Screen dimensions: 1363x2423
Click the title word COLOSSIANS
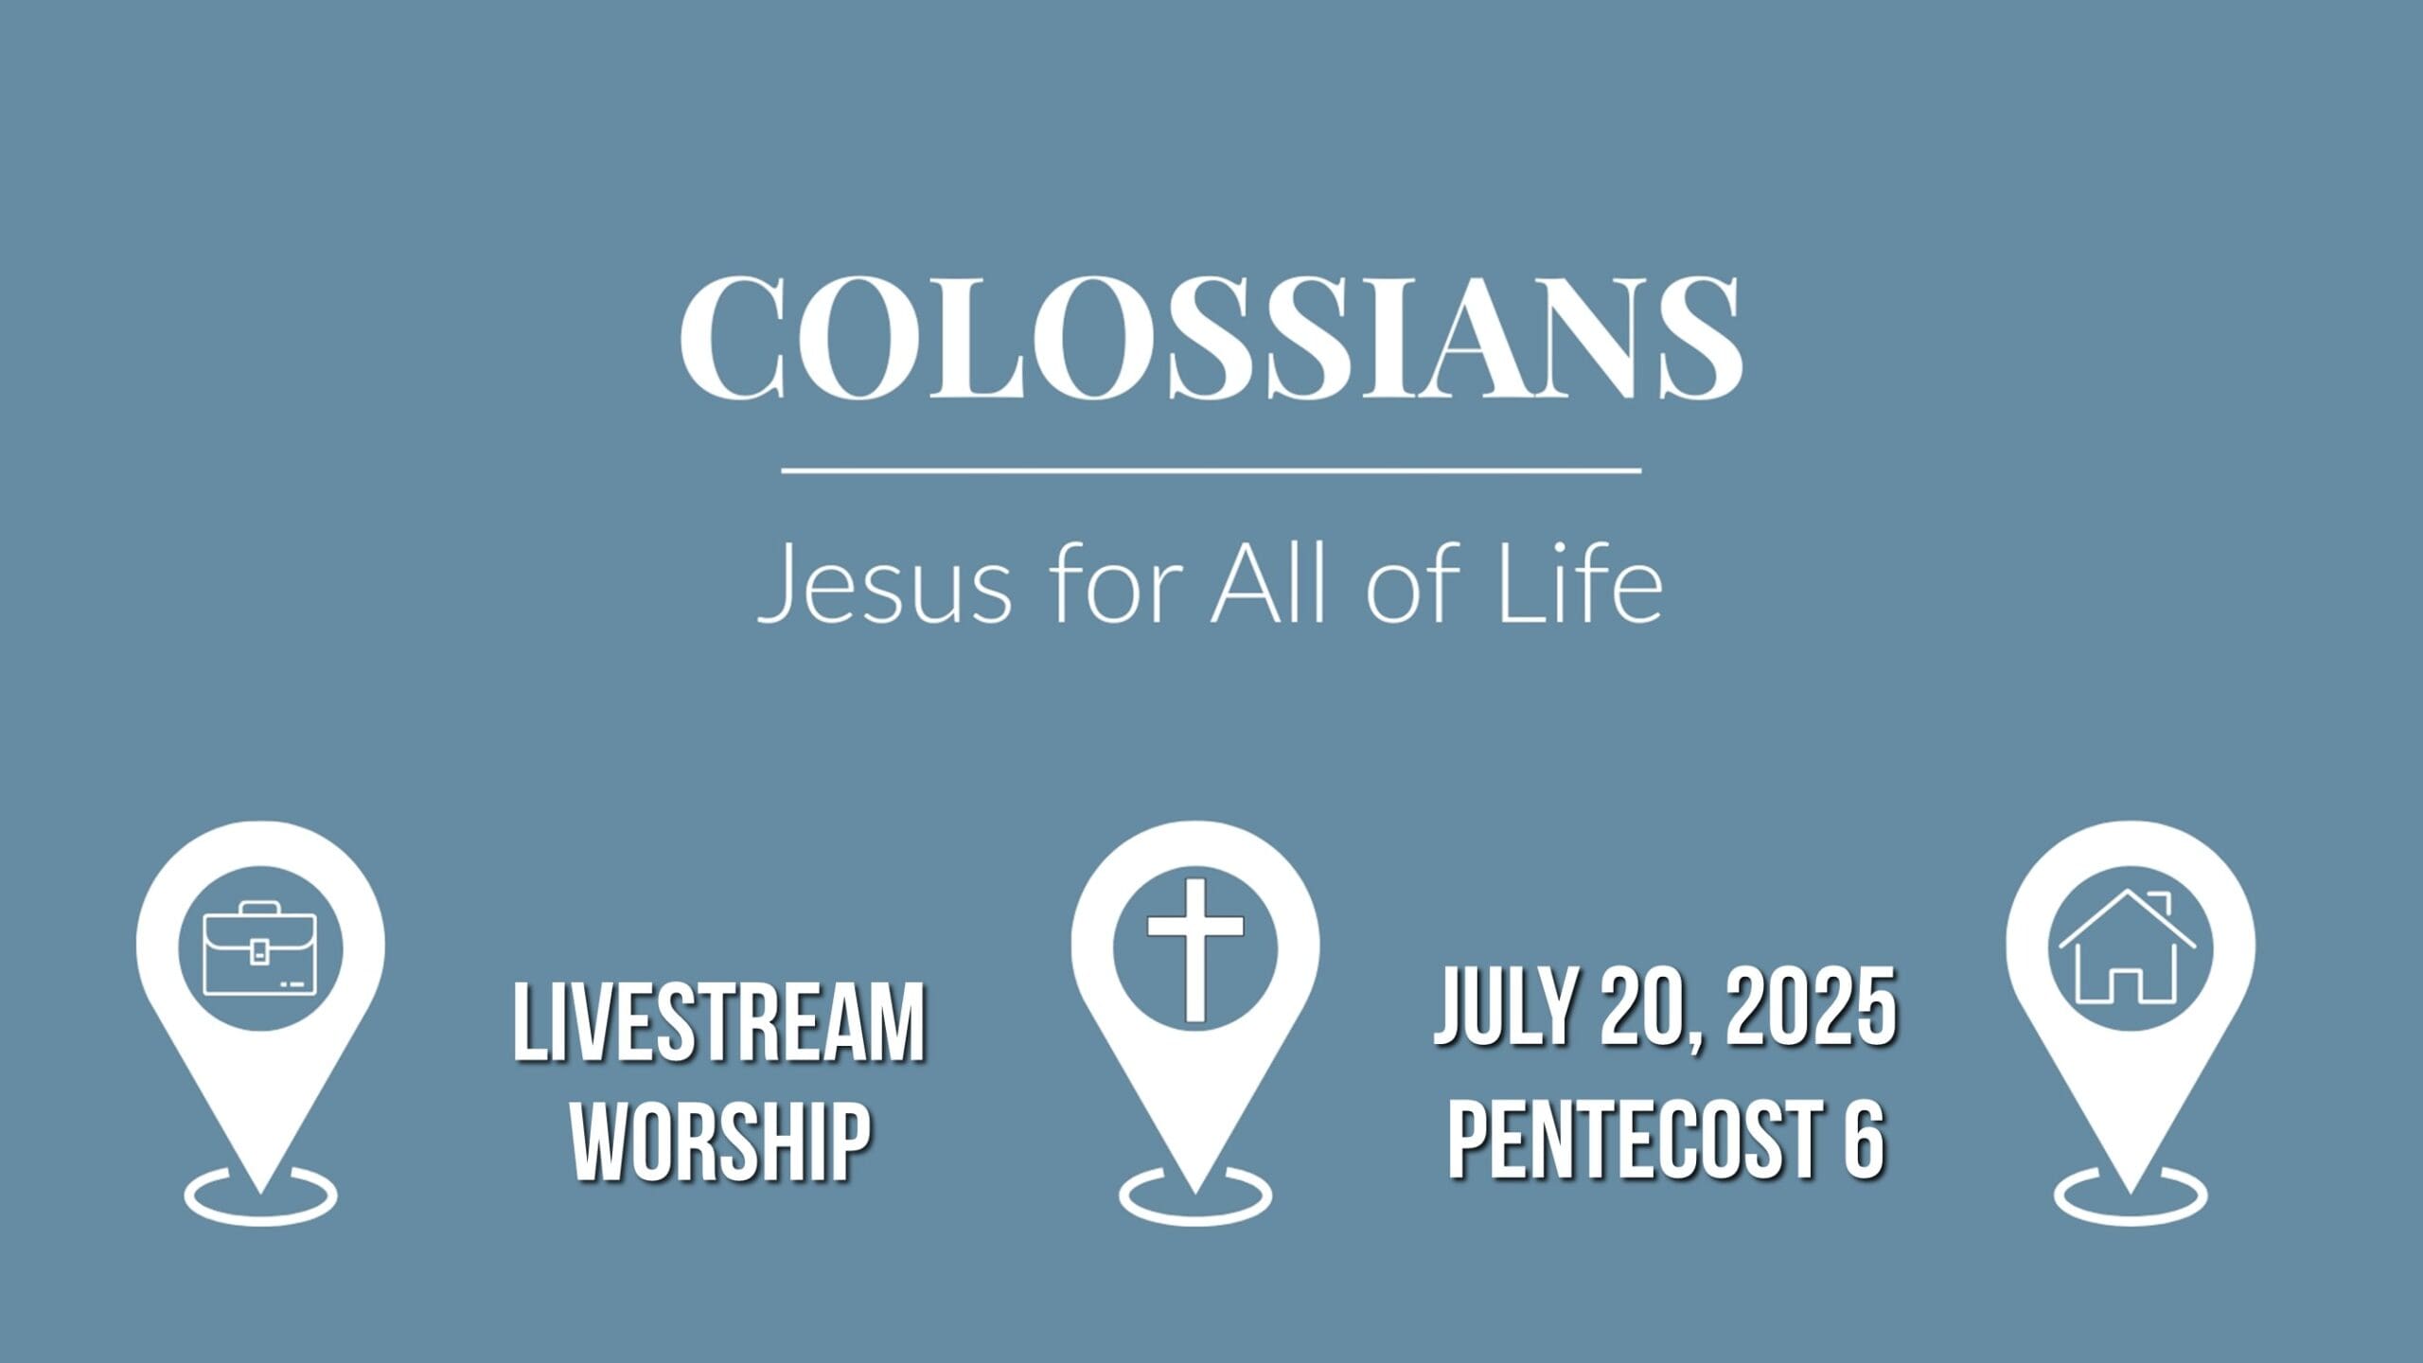tap(1211, 338)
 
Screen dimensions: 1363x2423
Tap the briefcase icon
tap(260, 949)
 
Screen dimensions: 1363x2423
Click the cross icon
tap(1194, 949)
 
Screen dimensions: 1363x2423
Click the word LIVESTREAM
tap(718, 1025)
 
